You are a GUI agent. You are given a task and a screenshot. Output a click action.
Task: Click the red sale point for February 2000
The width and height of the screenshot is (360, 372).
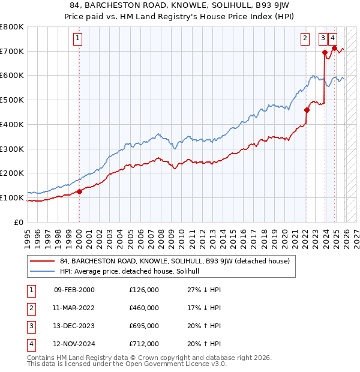coord(79,192)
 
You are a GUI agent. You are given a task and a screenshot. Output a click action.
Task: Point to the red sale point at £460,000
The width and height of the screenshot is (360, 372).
coord(306,110)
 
